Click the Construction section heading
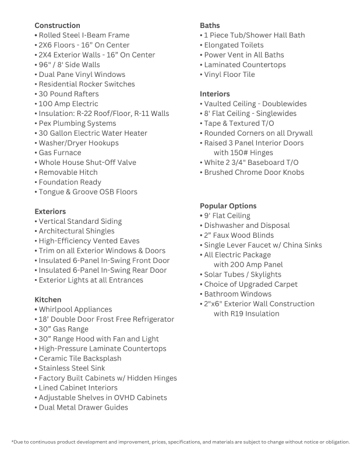click(x=57, y=26)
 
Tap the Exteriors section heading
click(x=50, y=212)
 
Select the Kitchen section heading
click(x=48, y=300)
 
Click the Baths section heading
click(x=210, y=26)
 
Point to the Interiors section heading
click(x=215, y=94)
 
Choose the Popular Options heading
click(x=228, y=206)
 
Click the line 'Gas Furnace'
click(x=59, y=153)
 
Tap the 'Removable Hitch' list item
click(x=68, y=172)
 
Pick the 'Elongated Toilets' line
click(x=234, y=45)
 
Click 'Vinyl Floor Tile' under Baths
click(x=229, y=75)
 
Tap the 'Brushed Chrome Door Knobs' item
click(x=253, y=172)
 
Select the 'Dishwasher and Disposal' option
click(x=247, y=226)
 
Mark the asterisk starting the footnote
click(x=12, y=442)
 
